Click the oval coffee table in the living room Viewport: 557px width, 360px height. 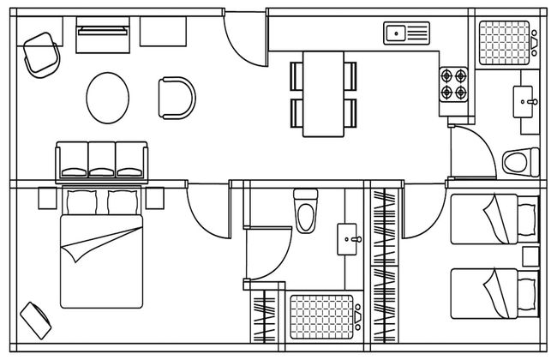coord(109,98)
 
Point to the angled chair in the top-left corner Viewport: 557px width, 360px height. coord(41,53)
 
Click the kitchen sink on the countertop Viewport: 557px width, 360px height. coord(405,34)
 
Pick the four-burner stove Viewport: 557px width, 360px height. coord(454,83)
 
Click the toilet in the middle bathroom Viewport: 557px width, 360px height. coord(306,210)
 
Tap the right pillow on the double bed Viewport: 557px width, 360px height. coord(121,202)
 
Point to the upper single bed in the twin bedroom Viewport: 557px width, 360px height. coord(494,219)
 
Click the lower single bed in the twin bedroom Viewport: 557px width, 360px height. coord(494,292)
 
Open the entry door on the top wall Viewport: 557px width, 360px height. coord(247,39)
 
